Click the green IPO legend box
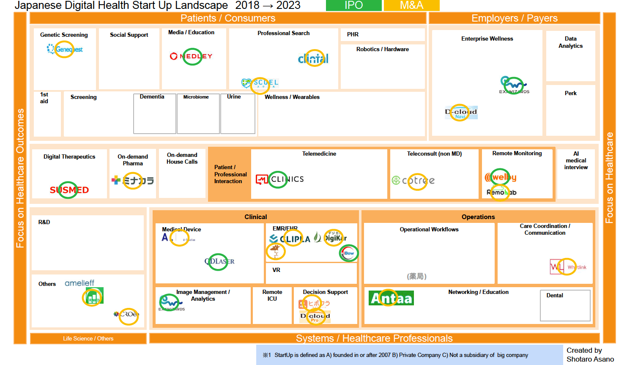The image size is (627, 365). (x=353, y=5)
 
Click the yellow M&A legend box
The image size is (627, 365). (x=411, y=5)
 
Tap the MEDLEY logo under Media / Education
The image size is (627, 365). (x=191, y=56)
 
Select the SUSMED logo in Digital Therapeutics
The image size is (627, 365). (x=69, y=190)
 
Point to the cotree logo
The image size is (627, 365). (x=413, y=181)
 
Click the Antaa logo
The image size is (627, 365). (x=391, y=298)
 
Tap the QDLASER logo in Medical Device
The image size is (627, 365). (x=219, y=261)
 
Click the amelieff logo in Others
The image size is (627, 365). (x=79, y=283)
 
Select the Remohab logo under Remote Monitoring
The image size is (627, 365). (x=501, y=192)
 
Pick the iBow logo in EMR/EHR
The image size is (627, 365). (x=348, y=253)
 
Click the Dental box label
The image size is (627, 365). (x=554, y=295)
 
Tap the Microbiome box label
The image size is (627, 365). (x=196, y=97)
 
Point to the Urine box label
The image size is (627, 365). (x=234, y=96)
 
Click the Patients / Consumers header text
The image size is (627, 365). (x=228, y=18)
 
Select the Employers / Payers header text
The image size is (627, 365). (x=515, y=18)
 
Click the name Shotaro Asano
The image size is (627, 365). (x=590, y=359)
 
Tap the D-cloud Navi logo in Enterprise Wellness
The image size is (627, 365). (x=461, y=113)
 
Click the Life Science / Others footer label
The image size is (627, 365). (x=88, y=338)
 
